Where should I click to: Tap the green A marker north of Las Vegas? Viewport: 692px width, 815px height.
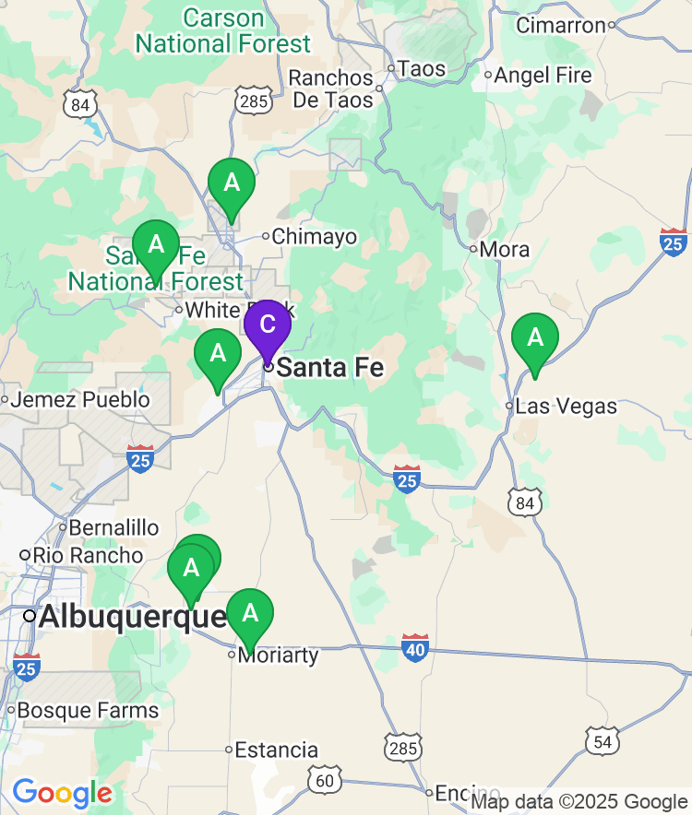point(535,339)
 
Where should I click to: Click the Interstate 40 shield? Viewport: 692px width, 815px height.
point(415,648)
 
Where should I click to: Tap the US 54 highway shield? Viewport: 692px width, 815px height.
point(601,741)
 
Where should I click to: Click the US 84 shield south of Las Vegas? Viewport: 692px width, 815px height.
point(523,502)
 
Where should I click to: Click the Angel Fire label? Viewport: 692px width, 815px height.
point(543,75)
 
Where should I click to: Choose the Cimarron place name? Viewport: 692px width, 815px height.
point(560,25)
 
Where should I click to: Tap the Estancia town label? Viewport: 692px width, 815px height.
point(277,750)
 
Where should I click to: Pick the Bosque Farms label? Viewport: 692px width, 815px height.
point(88,711)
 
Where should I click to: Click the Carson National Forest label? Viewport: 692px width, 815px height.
point(223,30)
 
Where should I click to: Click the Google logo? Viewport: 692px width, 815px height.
point(62,793)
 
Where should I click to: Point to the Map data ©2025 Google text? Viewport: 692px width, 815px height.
point(579,802)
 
